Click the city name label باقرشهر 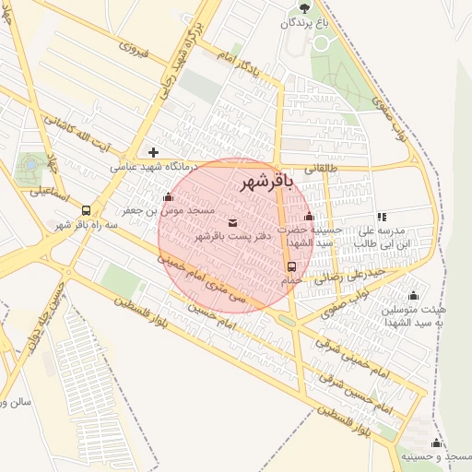265,182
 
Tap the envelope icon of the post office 230,222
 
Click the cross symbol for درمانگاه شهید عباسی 153,152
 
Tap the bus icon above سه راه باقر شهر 86,210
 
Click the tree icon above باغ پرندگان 304,6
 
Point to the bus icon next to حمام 292,266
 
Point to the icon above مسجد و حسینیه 436,443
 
